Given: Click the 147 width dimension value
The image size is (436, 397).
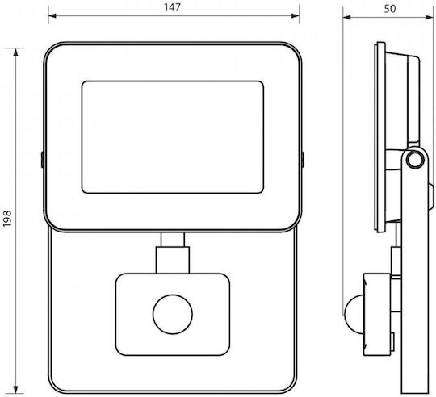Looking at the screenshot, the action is [172, 7].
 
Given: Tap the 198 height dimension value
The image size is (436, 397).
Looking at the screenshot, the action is [7, 219].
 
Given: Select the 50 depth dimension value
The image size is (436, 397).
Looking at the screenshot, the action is [389, 9].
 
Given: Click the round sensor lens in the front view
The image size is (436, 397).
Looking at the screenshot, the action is [173, 314].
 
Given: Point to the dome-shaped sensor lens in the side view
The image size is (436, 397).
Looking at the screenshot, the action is [354, 313].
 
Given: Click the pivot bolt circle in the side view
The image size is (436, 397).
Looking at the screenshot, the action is [415, 160].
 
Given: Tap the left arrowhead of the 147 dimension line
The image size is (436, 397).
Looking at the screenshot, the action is [52, 15].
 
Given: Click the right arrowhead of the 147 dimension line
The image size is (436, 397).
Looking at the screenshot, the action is [296, 15].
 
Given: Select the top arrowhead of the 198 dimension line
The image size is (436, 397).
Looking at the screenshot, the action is [16, 52].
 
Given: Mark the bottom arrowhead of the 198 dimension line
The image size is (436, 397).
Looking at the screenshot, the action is [16, 390].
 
